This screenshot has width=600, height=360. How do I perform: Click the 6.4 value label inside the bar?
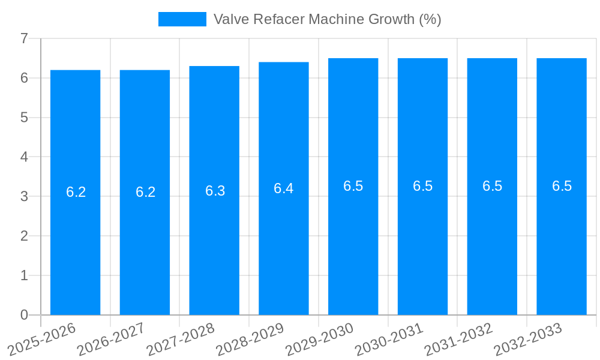284,188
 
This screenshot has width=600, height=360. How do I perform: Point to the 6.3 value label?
215,191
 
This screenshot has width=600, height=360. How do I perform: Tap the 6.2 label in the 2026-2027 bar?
145,192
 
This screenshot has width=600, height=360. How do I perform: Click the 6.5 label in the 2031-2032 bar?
492,186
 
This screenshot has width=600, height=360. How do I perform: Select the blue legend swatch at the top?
182,19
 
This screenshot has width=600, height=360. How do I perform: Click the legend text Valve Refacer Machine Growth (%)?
327,19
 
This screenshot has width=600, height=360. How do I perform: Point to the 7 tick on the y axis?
24,38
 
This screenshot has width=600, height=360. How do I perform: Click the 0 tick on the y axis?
24,315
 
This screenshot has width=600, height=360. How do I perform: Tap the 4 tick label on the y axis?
24,157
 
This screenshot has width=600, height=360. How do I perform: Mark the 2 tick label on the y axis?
24,236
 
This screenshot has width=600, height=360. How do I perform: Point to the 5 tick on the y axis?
24,118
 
